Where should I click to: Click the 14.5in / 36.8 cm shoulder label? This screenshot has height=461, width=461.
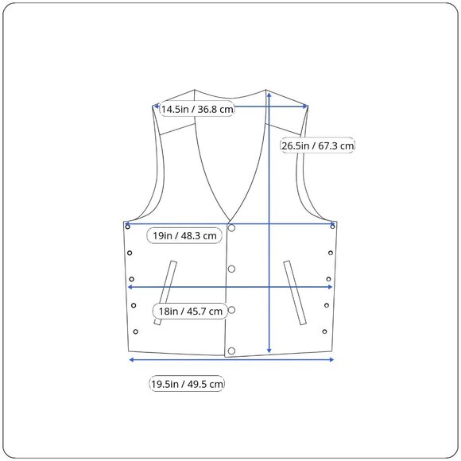point(197,109)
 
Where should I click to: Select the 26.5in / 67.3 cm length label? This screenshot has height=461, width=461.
point(317,145)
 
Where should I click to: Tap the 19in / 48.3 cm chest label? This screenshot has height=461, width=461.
point(184,235)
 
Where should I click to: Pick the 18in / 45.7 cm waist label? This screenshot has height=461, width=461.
point(190,311)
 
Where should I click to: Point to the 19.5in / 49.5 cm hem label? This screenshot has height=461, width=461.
point(187,384)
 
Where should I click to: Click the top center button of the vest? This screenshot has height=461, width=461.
point(231,228)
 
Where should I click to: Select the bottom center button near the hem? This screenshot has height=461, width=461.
point(231,351)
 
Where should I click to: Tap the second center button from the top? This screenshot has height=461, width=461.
point(231,269)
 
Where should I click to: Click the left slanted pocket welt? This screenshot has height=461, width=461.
point(166,292)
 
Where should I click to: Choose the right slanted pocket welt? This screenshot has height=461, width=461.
point(295,292)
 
